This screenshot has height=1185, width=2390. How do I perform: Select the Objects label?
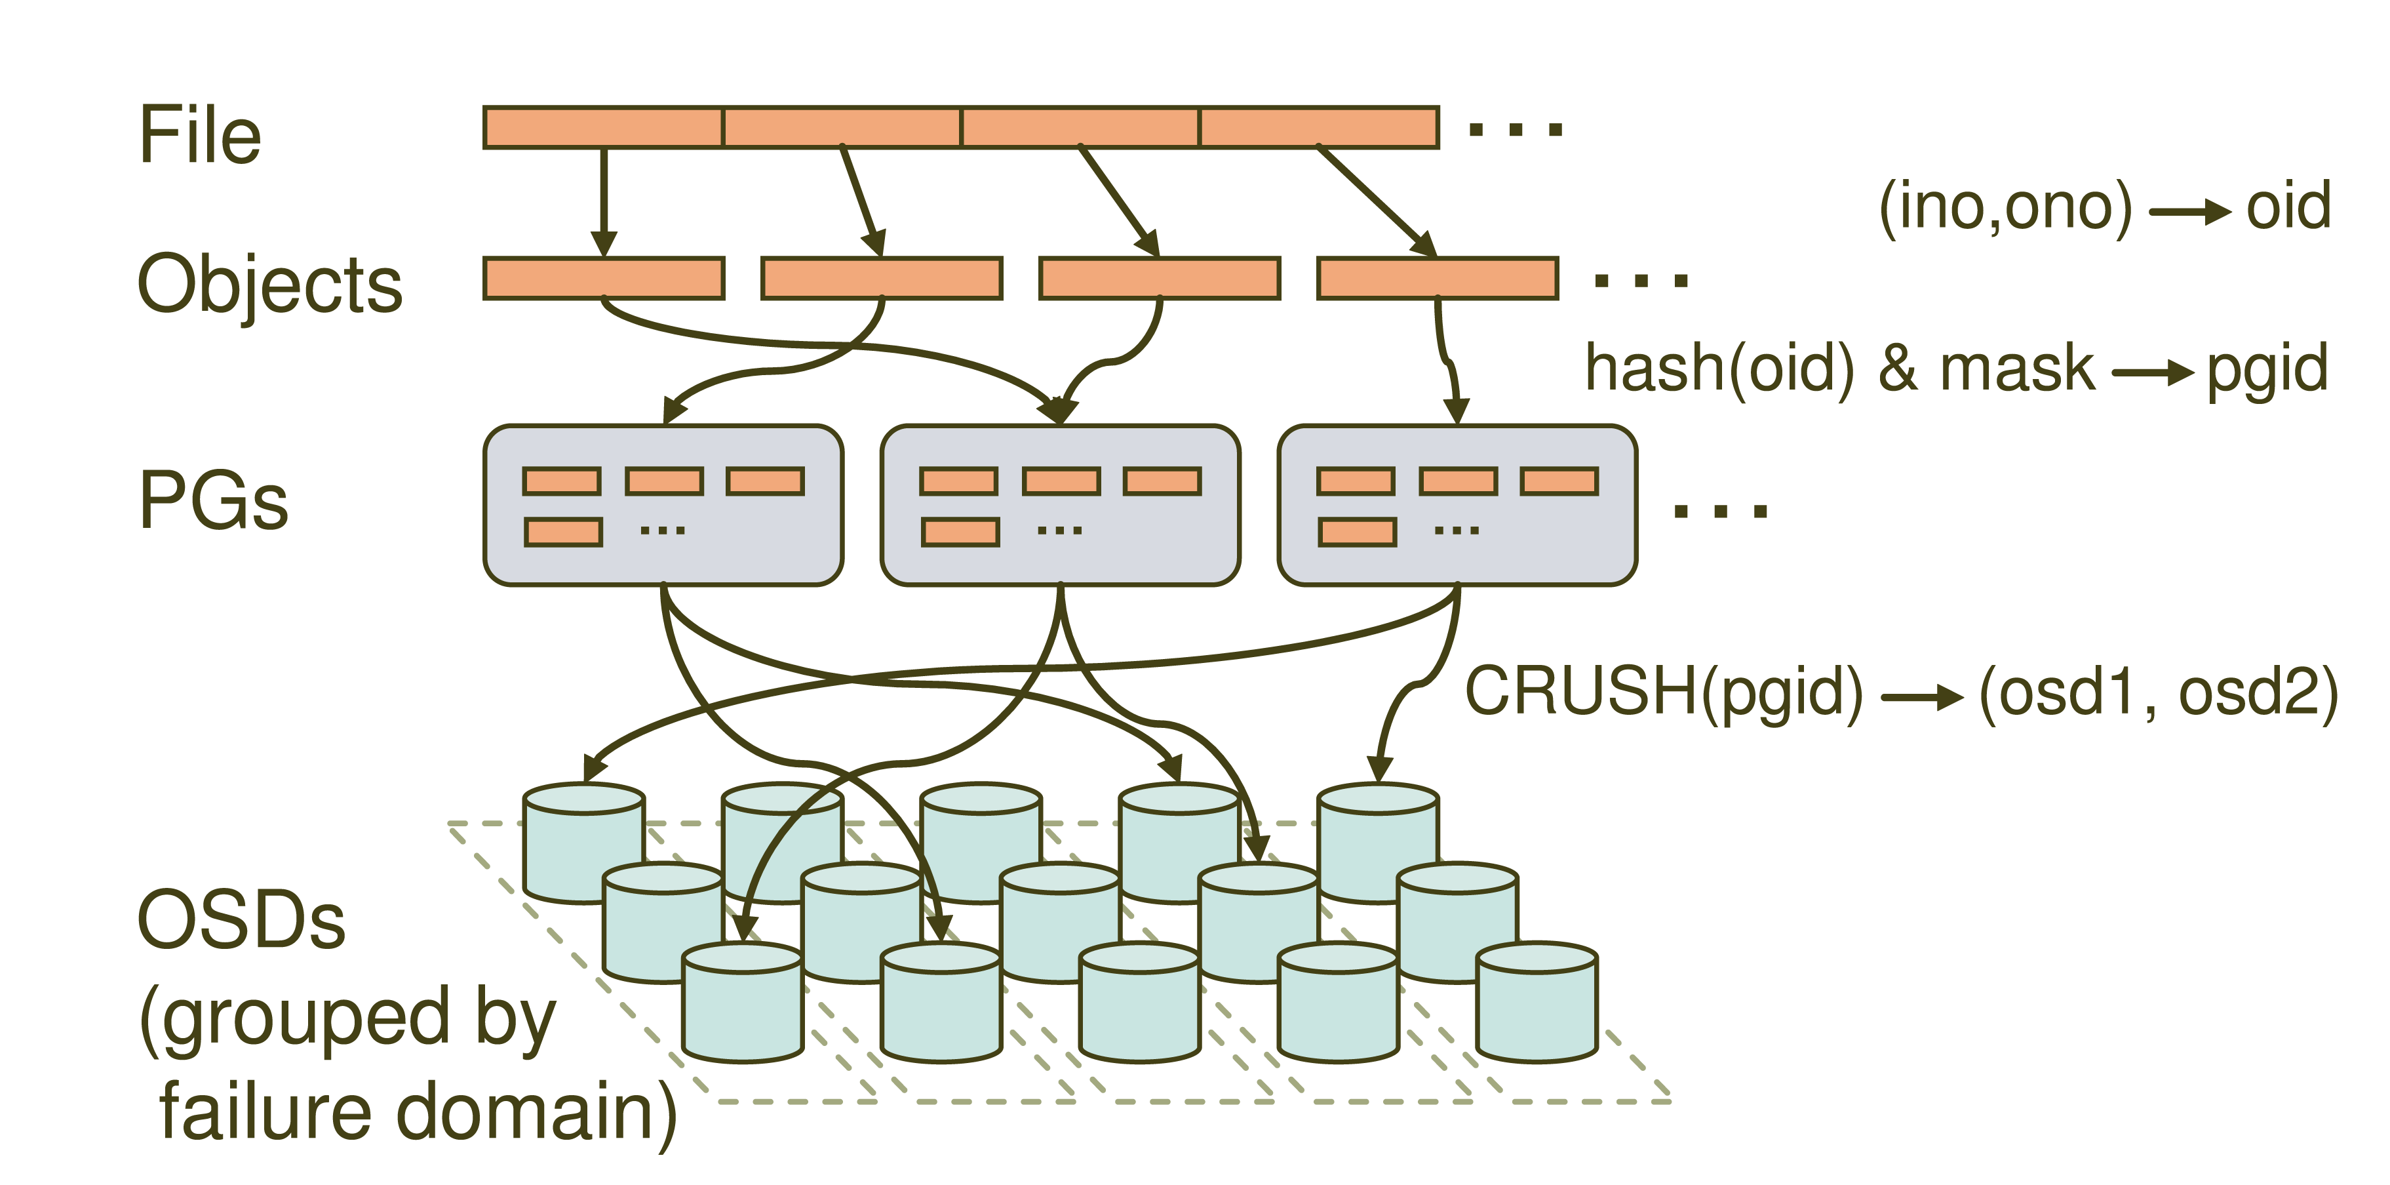[x=270, y=284]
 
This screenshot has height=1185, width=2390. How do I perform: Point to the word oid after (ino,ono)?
[x=2288, y=206]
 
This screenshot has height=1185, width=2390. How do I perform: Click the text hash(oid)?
[x=1720, y=369]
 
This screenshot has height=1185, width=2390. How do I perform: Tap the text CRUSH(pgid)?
[x=1664, y=693]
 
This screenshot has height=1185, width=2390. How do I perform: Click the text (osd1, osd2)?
[x=2158, y=694]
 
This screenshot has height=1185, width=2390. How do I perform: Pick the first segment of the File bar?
[x=603, y=127]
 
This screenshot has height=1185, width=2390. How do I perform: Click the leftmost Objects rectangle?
[x=603, y=279]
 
